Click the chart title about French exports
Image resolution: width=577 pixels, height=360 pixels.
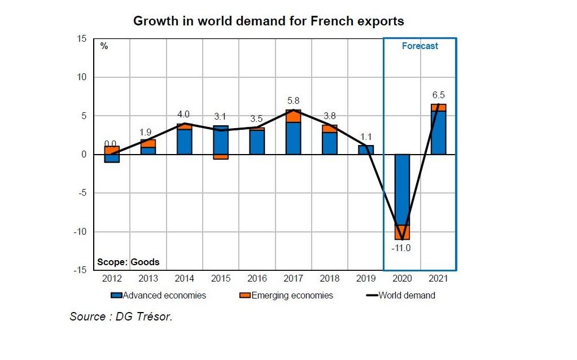coord(268,21)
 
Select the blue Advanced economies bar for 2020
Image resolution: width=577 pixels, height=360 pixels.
coord(402,190)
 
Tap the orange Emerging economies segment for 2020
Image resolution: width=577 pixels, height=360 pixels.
coord(402,232)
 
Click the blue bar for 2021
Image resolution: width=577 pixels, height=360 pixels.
coord(438,133)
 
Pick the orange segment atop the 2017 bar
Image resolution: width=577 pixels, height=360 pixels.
coord(293,116)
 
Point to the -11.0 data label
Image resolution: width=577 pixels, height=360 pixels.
coord(401,248)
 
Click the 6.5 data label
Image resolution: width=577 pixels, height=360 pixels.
coord(438,95)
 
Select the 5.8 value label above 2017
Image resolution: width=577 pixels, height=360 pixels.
coord(293,100)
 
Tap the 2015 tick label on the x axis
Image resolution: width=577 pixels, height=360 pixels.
coord(220,279)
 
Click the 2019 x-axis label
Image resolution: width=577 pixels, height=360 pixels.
coord(365,279)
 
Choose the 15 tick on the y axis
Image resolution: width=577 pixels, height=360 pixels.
coord(82,39)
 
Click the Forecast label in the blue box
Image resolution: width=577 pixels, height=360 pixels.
coord(419,46)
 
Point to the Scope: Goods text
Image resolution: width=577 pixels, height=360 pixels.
coord(128,262)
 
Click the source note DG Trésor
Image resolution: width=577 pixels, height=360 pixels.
coord(121,317)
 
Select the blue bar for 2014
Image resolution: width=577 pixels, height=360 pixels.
coord(184,142)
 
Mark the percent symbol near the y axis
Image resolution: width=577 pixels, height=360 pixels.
coord(104,46)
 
